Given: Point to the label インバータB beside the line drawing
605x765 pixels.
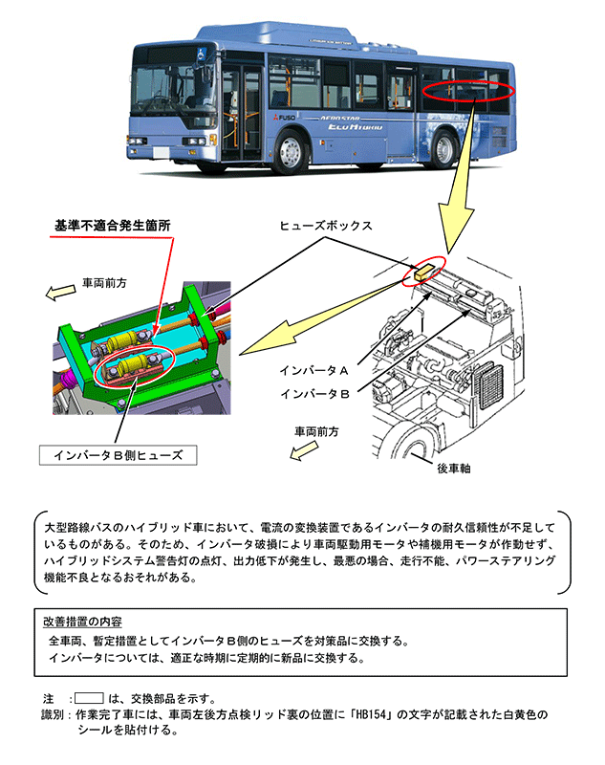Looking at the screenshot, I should [x=313, y=393].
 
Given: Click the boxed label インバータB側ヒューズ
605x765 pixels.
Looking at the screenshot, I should [x=119, y=454].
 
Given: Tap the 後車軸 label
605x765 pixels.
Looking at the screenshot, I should [x=456, y=470].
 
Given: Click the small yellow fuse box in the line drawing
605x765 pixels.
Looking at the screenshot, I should [x=424, y=273].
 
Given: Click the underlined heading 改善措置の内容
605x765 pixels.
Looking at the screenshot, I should [x=84, y=622].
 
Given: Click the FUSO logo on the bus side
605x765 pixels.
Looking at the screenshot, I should [x=286, y=117].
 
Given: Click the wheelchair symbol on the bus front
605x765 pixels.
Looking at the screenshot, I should [x=204, y=53].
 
